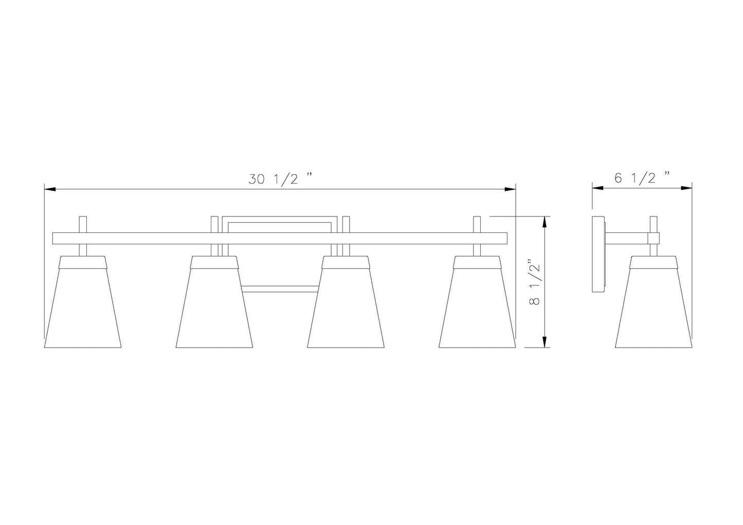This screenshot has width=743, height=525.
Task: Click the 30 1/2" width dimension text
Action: tap(281, 180)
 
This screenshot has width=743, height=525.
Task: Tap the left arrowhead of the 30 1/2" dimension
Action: tap(50, 189)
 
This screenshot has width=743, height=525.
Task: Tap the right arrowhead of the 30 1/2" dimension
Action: tap(510, 189)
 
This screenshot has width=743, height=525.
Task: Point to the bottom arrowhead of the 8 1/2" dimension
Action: tap(544, 342)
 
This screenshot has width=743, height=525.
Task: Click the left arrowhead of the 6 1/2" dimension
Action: tap(597, 188)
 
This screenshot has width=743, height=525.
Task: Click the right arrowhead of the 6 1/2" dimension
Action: tap(686, 188)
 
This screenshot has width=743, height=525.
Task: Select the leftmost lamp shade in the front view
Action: tap(83, 302)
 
